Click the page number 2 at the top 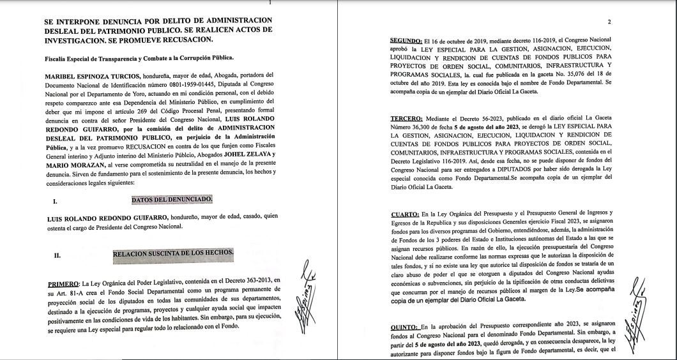[x=609, y=22]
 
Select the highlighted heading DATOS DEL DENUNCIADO [x=172, y=200]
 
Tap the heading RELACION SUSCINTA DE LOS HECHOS [x=173, y=254]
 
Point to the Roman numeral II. [x=57, y=255]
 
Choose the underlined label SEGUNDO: [x=407, y=40]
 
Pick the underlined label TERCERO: [x=407, y=119]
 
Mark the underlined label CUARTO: [x=405, y=213]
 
